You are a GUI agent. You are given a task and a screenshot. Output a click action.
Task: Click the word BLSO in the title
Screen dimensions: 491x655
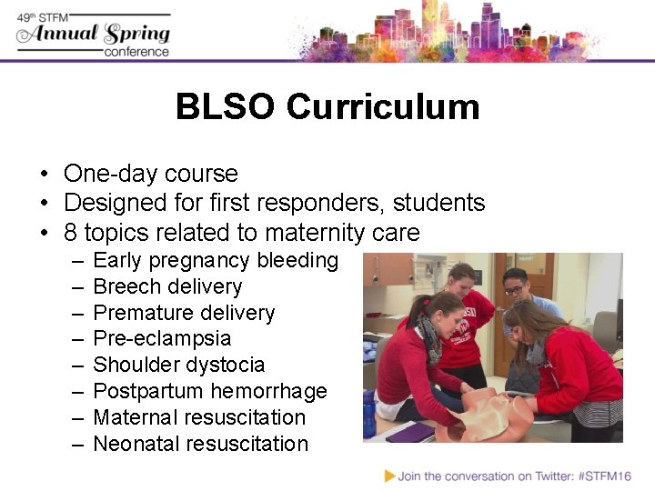point(226,107)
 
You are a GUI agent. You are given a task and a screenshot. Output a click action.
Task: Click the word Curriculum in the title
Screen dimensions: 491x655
point(382,107)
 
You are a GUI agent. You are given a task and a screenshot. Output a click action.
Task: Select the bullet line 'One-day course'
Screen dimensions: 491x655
point(150,174)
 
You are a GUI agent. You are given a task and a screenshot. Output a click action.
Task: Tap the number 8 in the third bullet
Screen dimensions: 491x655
point(71,232)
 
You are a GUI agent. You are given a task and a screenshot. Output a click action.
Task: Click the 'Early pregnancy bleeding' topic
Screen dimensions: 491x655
point(216,261)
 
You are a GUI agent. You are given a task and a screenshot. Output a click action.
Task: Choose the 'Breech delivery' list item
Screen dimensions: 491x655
point(167,287)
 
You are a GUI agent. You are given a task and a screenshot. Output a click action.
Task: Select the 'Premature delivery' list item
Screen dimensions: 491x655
point(184,314)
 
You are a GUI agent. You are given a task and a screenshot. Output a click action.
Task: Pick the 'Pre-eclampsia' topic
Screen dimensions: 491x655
point(162,339)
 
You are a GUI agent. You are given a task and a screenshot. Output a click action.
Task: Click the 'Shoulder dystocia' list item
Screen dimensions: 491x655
point(179,366)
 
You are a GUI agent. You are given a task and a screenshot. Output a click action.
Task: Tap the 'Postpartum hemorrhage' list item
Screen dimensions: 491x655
point(210,392)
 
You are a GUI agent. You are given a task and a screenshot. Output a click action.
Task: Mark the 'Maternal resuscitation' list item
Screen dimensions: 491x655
point(199,418)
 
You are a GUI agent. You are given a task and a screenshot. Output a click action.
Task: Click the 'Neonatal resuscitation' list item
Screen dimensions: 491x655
point(201,445)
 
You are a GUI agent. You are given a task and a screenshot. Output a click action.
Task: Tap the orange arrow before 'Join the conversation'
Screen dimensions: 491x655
point(389,476)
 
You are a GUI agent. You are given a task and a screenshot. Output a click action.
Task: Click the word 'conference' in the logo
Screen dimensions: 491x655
point(136,52)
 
